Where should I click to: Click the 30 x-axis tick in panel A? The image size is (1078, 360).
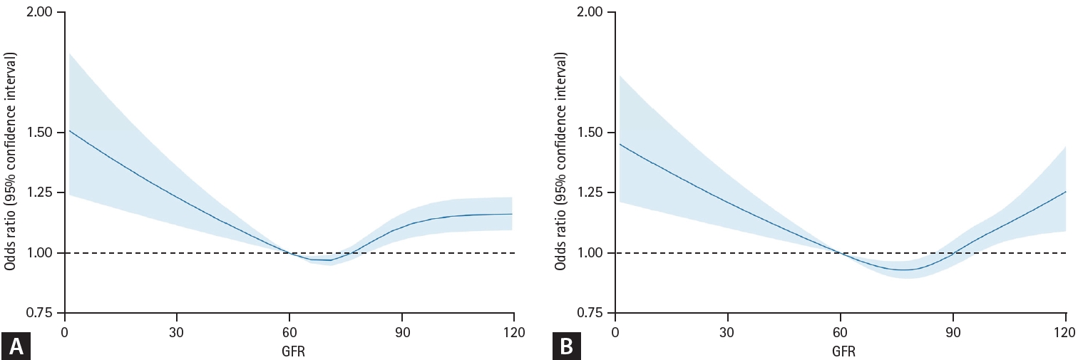[177, 332]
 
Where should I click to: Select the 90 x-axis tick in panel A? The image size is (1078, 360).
[402, 332]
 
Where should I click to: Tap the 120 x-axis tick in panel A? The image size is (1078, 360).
[513, 332]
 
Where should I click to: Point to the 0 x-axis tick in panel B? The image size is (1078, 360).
[615, 332]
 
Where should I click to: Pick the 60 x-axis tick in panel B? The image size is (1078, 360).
[841, 332]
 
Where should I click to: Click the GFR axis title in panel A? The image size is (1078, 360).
[289, 352]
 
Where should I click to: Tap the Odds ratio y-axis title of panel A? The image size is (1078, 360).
[11, 163]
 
